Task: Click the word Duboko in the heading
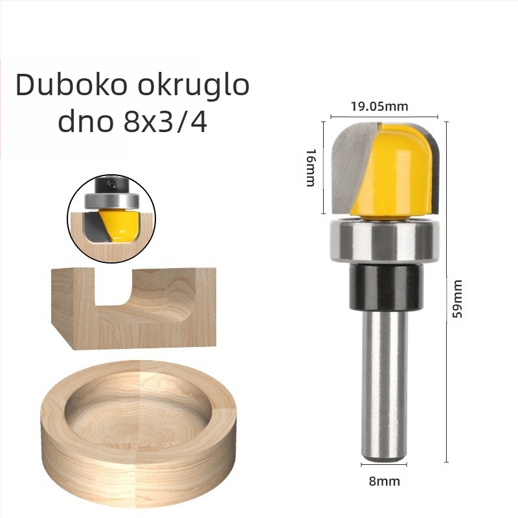click(71, 85)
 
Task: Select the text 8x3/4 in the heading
click(165, 122)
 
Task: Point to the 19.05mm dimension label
click(379, 106)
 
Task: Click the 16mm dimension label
click(311, 168)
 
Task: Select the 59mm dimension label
click(457, 298)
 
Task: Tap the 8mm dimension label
click(384, 481)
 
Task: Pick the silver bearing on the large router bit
click(384, 240)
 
